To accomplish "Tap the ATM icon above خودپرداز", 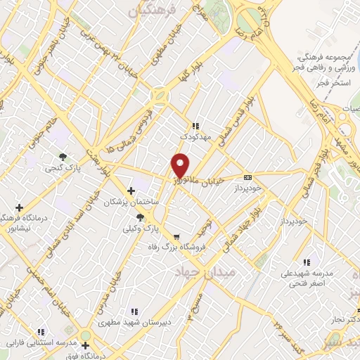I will point(247,177).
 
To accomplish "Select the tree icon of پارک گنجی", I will point(63,157).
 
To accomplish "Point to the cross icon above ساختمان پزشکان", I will point(131,191).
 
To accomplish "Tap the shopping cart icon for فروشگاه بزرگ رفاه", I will point(176,237).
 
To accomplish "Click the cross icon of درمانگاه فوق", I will point(86,345).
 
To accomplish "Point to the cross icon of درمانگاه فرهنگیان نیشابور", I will point(19,207).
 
